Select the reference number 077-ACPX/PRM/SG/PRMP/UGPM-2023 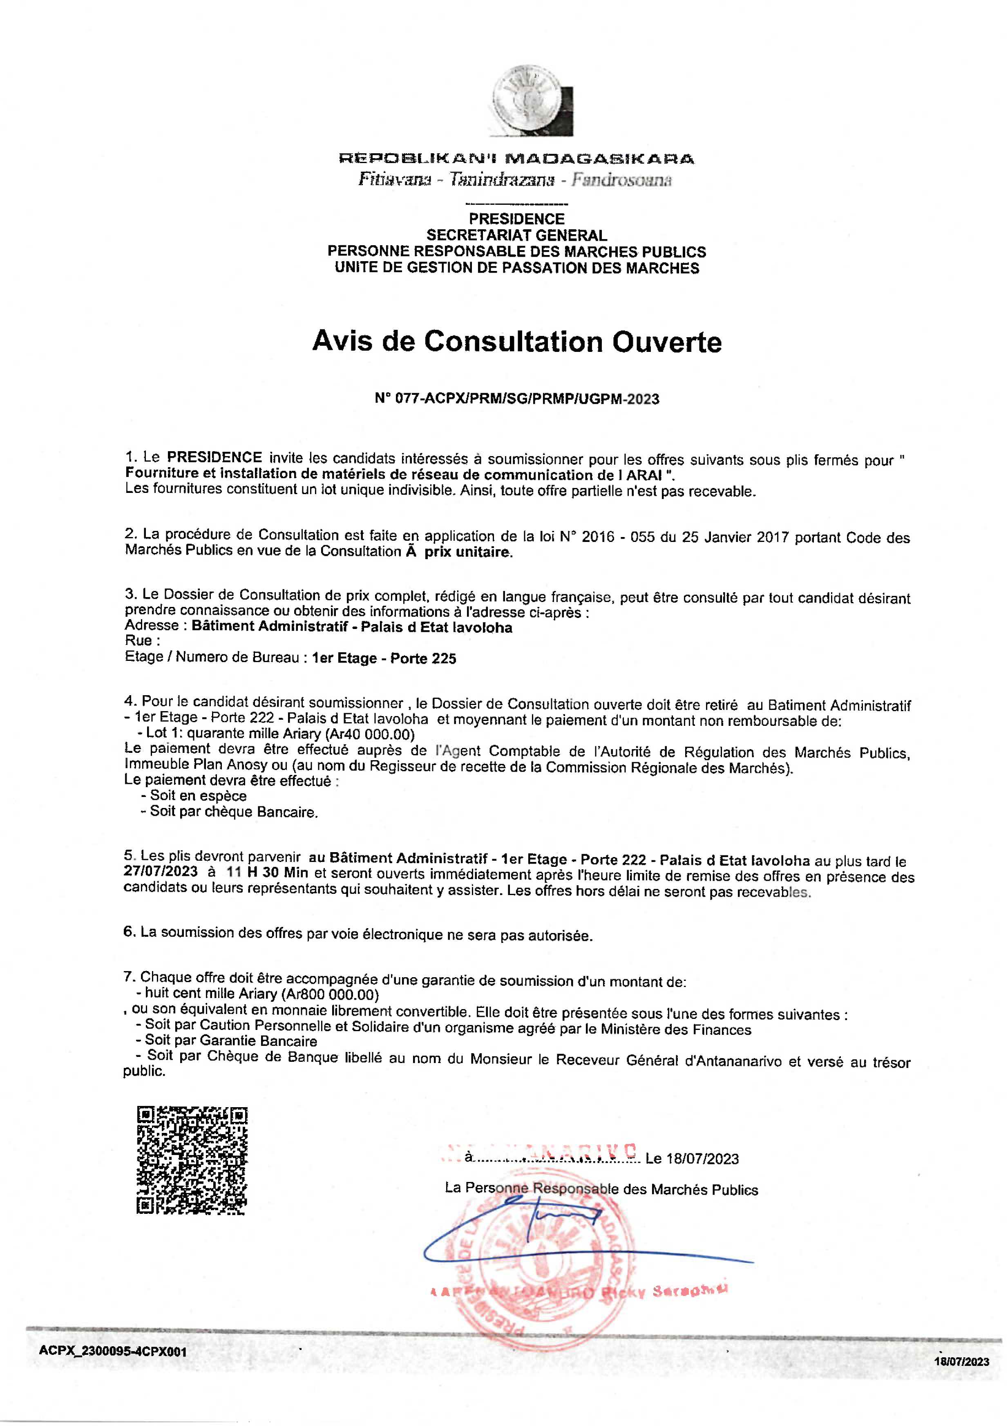(x=527, y=398)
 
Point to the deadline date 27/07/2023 (x=161, y=871)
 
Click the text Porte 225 (x=423, y=659)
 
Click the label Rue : (x=143, y=640)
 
